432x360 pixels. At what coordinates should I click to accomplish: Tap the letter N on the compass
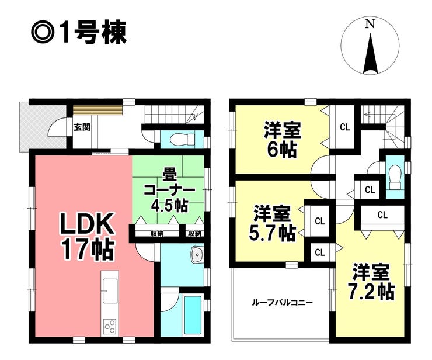click(x=369, y=24)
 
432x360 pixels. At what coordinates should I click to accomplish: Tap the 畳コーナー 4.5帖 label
click(x=169, y=189)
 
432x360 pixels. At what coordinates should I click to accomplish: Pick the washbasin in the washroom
click(x=197, y=255)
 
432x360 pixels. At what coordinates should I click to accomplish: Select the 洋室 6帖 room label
click(x=278, y=139)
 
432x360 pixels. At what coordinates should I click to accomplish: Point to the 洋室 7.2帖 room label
click(x=372, y=282)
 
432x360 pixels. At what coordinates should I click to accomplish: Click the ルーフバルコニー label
click(x=282, y=303)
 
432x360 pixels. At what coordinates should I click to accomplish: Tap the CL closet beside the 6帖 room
click(x=344, y=126)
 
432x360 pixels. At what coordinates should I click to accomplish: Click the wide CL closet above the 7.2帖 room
click(x=382, y=214)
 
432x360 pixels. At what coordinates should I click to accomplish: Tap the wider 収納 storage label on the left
click(x=156, y=234)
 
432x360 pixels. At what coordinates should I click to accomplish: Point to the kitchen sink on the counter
click(x=109, y=286)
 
